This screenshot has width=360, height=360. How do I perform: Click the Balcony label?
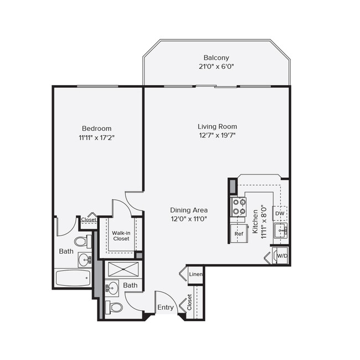216,58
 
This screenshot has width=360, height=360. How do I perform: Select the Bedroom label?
97,128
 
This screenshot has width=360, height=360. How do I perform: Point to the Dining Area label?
189,210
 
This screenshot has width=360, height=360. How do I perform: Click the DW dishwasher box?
280,213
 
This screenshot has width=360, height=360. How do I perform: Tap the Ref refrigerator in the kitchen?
239,234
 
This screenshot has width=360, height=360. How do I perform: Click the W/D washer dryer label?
282,256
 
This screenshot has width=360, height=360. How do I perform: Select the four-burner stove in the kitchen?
239,207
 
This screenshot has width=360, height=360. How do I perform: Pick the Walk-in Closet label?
121,236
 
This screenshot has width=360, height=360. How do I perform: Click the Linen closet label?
196,274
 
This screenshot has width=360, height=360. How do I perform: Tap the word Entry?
166,307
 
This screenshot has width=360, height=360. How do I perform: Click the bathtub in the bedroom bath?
73,278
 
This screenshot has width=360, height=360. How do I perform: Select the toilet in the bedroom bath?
81,241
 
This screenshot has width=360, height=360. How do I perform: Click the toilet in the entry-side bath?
115,307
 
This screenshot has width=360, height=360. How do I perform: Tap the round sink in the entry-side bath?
112,287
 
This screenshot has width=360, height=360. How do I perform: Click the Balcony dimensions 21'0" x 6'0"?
216,67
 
